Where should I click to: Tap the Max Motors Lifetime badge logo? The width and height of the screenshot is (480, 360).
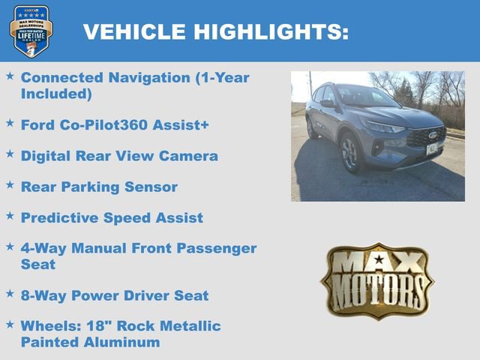pos(31,31)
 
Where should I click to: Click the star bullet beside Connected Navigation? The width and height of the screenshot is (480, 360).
pos(10,76)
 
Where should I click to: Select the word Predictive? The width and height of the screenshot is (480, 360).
pos(59,217)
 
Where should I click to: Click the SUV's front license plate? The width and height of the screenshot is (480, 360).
pos(432,148)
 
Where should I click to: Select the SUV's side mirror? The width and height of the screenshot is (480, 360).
pos(328,103)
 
